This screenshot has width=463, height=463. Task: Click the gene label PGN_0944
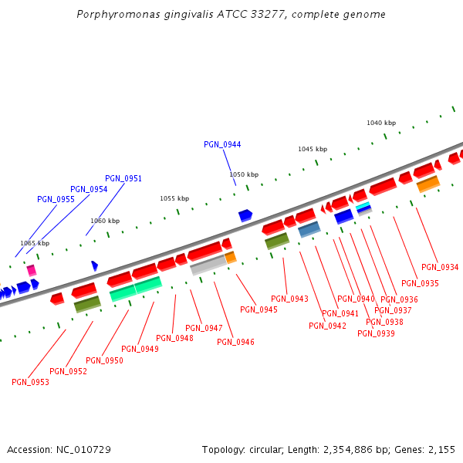[x=222, y=144]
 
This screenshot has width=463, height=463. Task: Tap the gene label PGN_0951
[x=123, y=178]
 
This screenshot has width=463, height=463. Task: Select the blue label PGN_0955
[x=56, y=199]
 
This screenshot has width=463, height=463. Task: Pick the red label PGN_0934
[x=441, y=267]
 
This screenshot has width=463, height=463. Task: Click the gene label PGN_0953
[x=30, y=382]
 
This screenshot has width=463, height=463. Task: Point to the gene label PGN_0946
[x=236, y=342]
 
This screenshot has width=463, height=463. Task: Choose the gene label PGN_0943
[x=289, y=299]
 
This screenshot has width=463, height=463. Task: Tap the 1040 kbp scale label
[x=381, y=123]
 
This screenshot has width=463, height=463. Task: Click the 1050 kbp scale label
[x=244, y=174]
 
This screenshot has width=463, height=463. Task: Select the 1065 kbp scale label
[x=35, y=243]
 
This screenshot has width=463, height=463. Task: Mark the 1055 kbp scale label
[x=174, y=198]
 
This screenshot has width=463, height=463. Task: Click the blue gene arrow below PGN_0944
[x=245, y=215]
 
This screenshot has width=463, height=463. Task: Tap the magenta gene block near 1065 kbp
[x=32, y=270]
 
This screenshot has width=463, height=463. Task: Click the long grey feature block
[x=208, y=265]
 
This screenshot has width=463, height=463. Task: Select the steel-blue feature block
[x=309, y=228]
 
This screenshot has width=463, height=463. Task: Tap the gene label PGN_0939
[x=376, y=333]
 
